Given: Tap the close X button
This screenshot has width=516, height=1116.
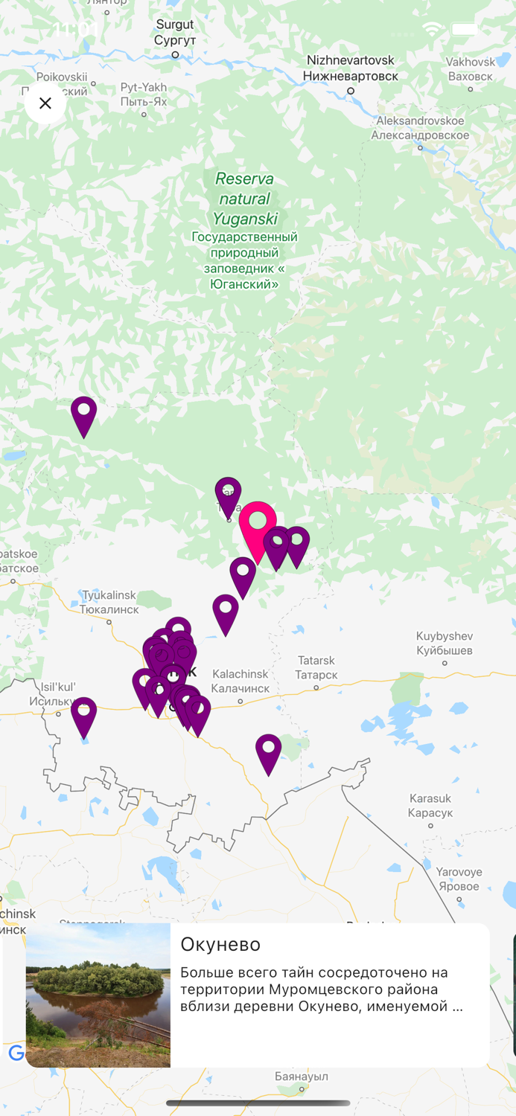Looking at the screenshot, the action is point(45,103).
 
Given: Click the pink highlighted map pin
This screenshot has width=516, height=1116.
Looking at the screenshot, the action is point(258,525).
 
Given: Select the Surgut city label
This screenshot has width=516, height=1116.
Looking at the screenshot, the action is point(175,32).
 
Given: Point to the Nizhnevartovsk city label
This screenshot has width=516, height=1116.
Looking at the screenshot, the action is point(350,68).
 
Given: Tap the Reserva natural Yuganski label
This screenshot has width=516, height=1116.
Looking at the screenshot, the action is point(244,199).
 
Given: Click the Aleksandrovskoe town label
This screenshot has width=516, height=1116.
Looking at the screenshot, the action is point(420,128).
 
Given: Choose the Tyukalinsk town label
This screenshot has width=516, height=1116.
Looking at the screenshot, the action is point(109,602).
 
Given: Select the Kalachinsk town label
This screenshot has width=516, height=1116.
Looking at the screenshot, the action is point(240,681).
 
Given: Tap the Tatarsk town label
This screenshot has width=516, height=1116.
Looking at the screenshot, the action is point(316,667).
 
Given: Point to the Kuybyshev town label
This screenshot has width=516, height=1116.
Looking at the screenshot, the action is point(445,643).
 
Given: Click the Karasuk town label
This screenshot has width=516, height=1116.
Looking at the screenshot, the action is point(430,806).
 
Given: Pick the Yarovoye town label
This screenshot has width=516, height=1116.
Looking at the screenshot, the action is point(459,879).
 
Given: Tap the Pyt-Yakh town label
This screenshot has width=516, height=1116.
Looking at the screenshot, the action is point(144,94).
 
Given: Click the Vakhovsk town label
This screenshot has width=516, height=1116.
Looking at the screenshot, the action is point(471,68).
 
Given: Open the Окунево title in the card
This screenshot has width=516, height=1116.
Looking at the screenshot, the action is point(220,944).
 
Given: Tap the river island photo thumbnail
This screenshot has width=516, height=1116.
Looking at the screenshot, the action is point(98,995).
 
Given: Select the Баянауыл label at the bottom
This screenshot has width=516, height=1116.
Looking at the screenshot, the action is point(302,1077).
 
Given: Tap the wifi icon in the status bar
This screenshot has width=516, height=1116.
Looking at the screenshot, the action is point(432,30).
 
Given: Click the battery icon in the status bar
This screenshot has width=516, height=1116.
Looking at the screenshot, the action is point(465,30).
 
